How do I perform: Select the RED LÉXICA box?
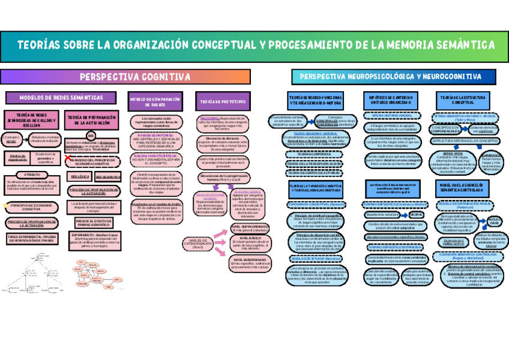coord(80,177)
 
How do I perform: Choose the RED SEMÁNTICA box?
coord(108,177)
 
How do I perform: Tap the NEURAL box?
coord(417,214)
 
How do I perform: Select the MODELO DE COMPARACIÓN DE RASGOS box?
coord(154,101)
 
